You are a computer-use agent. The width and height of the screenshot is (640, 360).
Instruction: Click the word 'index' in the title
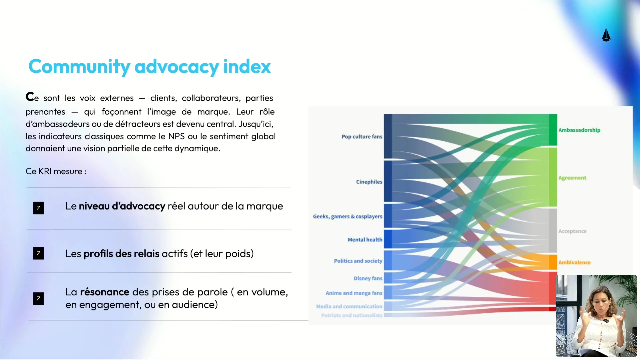(x=247, y=66)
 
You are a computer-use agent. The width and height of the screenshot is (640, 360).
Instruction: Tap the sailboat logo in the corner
(x=606, y=35)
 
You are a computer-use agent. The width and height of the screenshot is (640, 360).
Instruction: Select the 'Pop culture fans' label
(x=362, y=136)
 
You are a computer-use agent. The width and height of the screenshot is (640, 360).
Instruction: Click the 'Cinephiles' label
(x=369, y=182)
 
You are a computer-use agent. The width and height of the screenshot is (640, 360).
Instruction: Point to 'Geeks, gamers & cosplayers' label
(x=347, y=216)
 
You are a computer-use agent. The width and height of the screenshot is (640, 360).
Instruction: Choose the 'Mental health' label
(x=365, y=240)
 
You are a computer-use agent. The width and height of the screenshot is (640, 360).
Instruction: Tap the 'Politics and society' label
(x=358, y=261)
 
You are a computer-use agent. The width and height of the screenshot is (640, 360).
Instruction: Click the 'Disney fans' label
(x=368, y=278)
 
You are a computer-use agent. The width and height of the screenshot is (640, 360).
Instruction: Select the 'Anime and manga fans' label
(x=354, y=293)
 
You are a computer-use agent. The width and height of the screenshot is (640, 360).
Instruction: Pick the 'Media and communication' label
(x=349, y=306)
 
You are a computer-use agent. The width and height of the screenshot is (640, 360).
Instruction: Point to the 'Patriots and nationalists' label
(x=352, y=315)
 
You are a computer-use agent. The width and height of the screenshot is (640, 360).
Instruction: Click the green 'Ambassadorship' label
(x=579, y=130)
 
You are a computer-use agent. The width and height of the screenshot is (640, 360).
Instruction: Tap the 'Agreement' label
(x=572, y=178)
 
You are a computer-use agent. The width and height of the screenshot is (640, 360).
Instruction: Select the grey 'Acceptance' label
(x=572, y=231)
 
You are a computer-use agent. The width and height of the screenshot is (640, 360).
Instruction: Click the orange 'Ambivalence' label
(x=574, y=262)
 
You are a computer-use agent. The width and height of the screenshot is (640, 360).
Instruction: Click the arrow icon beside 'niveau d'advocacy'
(x=39, y=208)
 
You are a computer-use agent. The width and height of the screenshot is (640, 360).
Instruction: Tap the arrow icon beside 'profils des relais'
(x=39, y=253)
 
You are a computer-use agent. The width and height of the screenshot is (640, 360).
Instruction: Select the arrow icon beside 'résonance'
(x=39, y=299)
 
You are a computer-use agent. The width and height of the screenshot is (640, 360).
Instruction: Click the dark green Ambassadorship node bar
(x=553, y=130)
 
